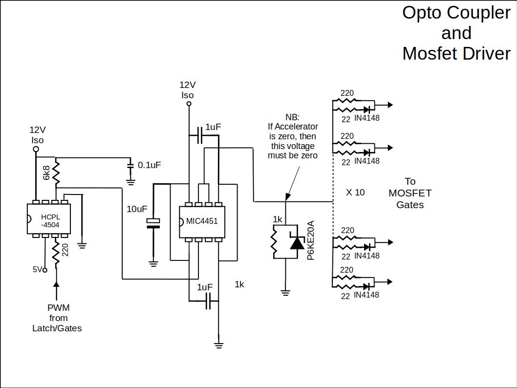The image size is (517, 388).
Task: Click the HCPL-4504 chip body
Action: [x=48, y=219]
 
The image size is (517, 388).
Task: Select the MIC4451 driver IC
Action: [x=202, y=221]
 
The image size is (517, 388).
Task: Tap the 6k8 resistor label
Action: [x=46, y=172]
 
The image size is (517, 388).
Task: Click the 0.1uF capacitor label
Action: [x=149, y=165]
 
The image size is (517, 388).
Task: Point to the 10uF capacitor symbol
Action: [x=153, y=223]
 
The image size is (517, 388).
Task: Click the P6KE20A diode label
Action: [x=311, y=240]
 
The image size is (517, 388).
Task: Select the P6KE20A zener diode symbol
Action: [x=297, y=242]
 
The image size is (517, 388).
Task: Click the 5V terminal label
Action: [x=38, y=269]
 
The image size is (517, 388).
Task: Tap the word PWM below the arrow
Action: [x=58, y=308]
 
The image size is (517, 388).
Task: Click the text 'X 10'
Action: [x=355, y=193]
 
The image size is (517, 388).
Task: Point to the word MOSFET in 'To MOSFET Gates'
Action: [x=410, y=193]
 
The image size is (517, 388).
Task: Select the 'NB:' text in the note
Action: [x=292, y=117]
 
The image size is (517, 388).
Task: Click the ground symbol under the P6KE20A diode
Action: [x=285, y=293]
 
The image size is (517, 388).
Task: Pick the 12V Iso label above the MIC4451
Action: [x=188, y=90]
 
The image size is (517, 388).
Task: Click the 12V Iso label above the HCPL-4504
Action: [x=38, y=135]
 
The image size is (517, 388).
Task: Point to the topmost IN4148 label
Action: [x=366, y=118]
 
